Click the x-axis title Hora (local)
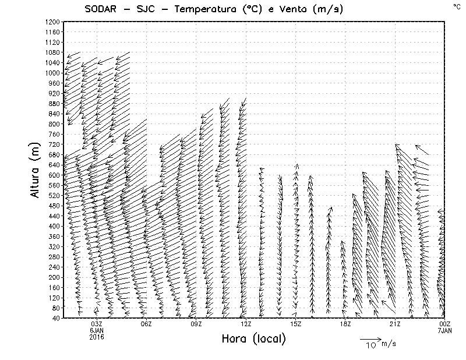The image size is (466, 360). point(253,338)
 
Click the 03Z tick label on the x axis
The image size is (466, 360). point(97,324)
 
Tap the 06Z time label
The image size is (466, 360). point(146,324)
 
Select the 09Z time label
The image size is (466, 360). point(196,324)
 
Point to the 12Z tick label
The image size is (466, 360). point(246,324)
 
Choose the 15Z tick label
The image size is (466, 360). point(295,324)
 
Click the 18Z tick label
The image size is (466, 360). point(345,324)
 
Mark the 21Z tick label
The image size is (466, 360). point(395,324)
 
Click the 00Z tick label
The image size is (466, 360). point(444,324)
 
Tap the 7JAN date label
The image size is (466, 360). point(444,330)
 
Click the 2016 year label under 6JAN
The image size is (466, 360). point(97,337)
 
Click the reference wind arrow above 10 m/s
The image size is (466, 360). point(370,338)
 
